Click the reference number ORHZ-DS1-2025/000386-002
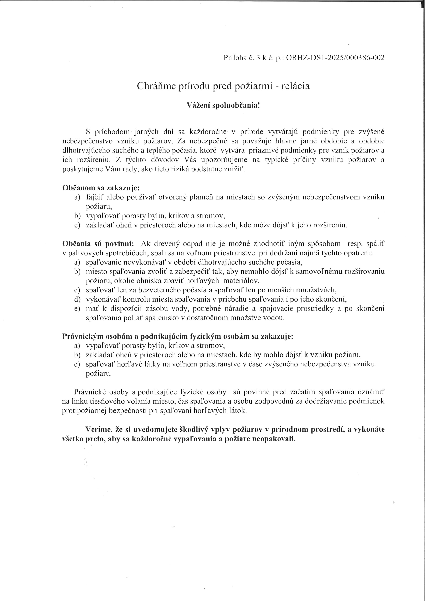pos(336,58)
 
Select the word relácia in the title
pos(295,86)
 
